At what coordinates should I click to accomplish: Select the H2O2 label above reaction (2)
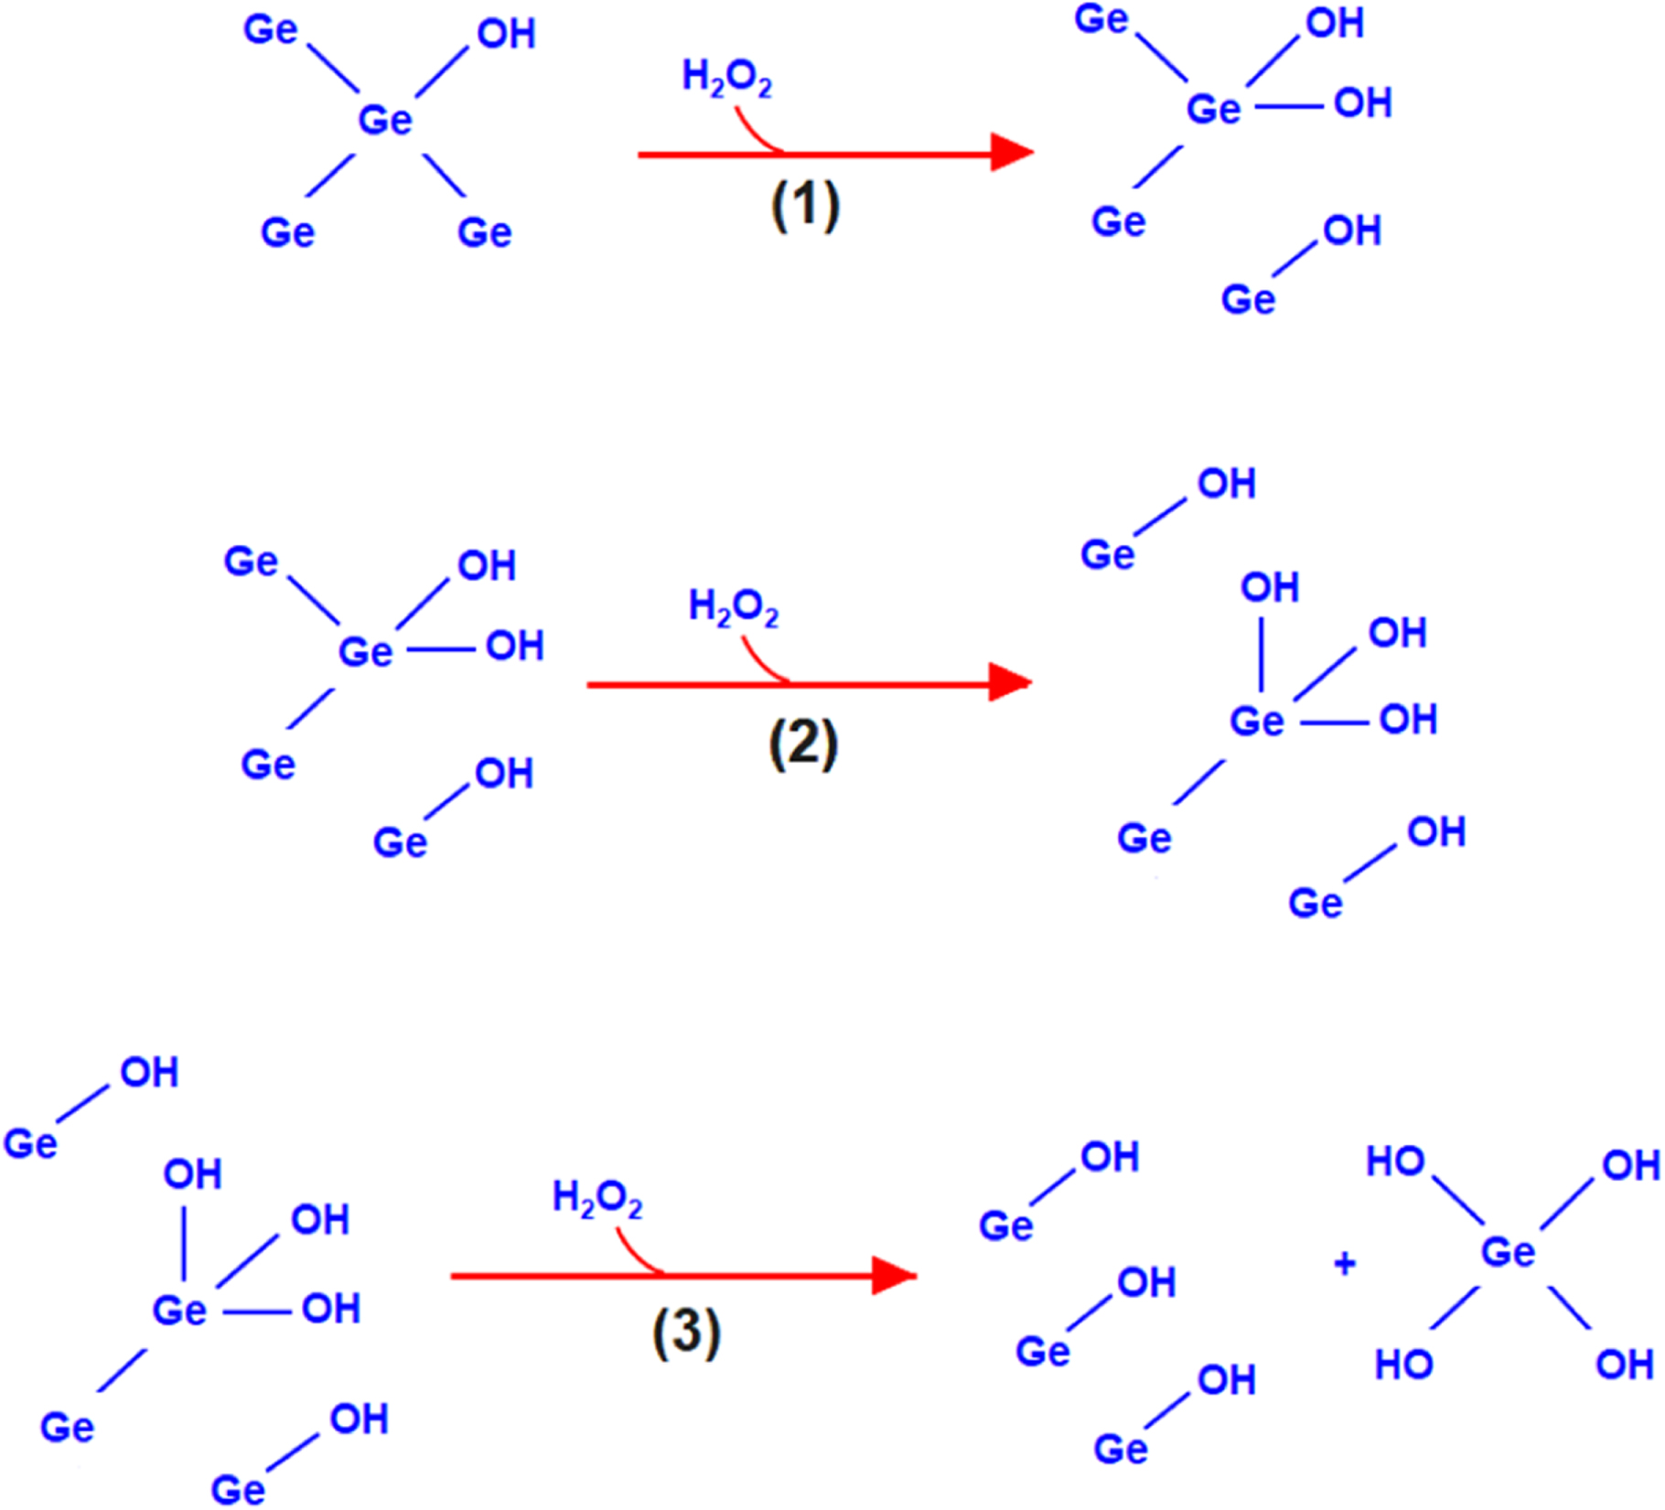click(x=733, y=607)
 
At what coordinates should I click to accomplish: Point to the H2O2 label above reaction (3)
click(x=597, y=1199)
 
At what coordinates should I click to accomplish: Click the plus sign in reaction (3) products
click(x=1344, y=1265)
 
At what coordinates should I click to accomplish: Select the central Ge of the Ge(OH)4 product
click(x=1508, y=1252)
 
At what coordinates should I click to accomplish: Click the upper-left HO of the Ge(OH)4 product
click(x=1395, y=1162)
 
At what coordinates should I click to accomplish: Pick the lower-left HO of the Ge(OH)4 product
click(x=1403, y=1365)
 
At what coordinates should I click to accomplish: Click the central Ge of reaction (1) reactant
click(x=385, y=120)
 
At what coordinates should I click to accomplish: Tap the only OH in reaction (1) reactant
click(x=506, y=35)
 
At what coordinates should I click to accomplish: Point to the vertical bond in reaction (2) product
click(x=1262, y=655)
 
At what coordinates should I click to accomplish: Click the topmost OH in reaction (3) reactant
click(x=149, y=1073)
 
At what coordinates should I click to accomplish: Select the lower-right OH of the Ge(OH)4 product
click(x=1624, y=1365)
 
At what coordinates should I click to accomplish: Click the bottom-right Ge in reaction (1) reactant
click(x=484, y=232)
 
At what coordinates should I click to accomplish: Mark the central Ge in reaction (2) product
click(x=1257, y=722)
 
